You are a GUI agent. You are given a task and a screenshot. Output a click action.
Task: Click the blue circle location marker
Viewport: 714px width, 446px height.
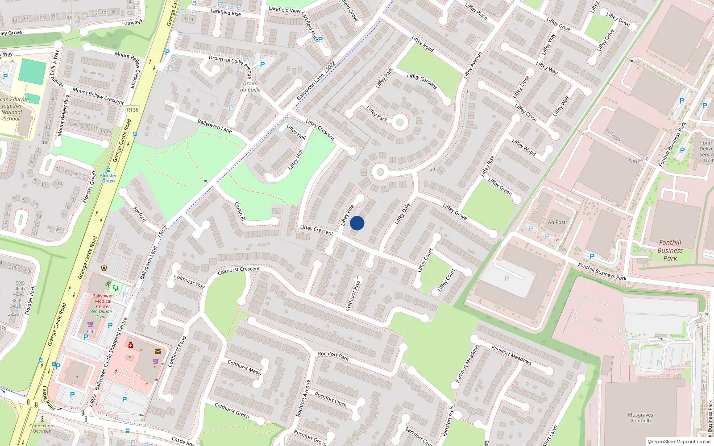[x=357, y=223]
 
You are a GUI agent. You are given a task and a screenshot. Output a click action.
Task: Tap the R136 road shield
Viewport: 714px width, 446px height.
[x=133, y=110]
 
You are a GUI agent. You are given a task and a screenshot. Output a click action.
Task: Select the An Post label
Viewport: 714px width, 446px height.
[x=556, y=222]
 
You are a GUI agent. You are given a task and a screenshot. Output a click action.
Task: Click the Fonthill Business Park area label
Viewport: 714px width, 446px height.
[x=670, y=250]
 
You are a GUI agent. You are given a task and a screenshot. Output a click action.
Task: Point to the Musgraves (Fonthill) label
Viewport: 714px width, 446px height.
[x=640, y=417]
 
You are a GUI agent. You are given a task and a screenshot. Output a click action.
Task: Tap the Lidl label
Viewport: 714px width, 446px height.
[x=91, y=331]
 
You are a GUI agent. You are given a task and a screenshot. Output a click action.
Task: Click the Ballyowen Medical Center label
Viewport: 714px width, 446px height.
[x=103, y=301]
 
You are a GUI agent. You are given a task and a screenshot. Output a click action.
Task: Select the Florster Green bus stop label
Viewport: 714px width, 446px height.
[x=108, y=178]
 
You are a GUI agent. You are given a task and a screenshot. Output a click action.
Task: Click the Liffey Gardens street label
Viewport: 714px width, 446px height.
[x=422, y=81]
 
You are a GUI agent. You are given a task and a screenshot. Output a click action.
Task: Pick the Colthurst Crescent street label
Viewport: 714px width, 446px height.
[x=239, y=270]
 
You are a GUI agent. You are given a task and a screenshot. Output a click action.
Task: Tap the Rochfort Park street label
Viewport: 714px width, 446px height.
[x=333, y=355]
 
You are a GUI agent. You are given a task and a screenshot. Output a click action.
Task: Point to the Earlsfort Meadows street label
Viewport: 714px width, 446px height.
[x=511, y=355]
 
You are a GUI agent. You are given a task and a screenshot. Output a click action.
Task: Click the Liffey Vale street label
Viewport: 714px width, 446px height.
[x=347, y=215]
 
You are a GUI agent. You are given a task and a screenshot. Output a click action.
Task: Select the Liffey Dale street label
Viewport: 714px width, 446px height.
[x=402, y=214]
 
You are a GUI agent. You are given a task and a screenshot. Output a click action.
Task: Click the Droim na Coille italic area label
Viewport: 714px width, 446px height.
[x=250, y=87]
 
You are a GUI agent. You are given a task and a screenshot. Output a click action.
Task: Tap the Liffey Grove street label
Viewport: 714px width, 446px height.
[x=455, y=211]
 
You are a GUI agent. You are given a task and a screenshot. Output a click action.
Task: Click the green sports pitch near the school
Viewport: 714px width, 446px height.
[x=33, y=71]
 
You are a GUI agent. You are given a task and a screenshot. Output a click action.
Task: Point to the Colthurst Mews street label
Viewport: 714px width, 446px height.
[x=245, y=367]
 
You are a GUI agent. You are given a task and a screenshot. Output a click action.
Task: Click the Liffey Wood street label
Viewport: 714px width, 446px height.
[x=524, y=147]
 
